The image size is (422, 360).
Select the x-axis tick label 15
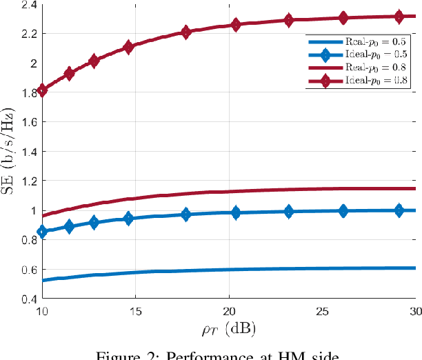(x=136, y=311)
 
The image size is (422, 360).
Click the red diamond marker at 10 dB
(x=43, y=90)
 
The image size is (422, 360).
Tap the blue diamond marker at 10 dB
(x=43, y=232)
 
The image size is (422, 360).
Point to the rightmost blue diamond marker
(x=399, y=210)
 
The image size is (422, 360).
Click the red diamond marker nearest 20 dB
(x=236, y=25)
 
